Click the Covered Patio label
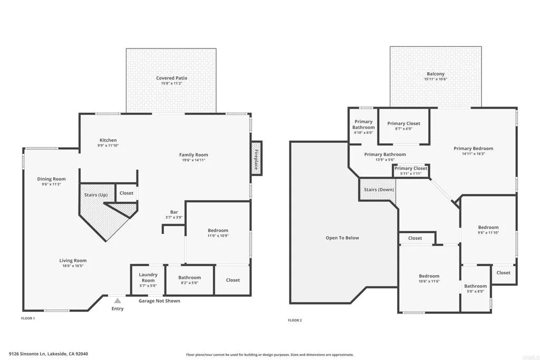171,78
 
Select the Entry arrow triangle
117,300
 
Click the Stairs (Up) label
96,195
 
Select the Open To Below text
342,238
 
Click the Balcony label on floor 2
435,74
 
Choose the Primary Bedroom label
473,149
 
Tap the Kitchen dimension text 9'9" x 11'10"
108,145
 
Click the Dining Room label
51,179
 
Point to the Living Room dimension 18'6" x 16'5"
73,266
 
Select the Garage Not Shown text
159,301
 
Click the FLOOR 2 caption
295,320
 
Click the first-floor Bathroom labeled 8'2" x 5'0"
189,278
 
